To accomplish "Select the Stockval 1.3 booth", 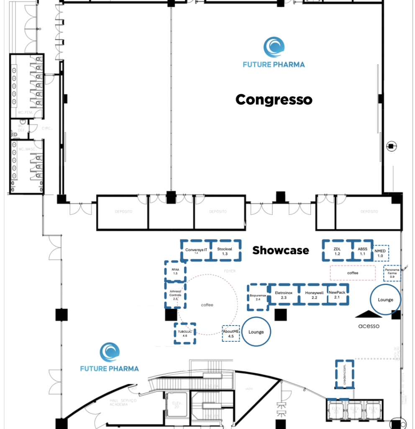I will click(x=225, y=251).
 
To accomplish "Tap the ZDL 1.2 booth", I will click(x=337, y=251).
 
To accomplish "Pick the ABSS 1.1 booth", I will click(x=363, y=251).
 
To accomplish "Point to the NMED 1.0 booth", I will click(x=380, y=253).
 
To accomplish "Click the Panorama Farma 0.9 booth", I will click(x=392, y=273).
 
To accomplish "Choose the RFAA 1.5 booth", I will click(x=175, y=271).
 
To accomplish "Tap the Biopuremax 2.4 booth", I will click(x=258, y=297).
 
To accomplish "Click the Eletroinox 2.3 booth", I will click(x=284, y=295).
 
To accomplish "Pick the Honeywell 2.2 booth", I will click(x=314, y=295).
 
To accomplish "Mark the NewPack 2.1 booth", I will click(x=337, y=294).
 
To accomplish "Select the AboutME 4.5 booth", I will click(x=231, y=333).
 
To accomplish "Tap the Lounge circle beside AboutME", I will click(x=256, y=332).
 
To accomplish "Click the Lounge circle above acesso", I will click(x=385, y=300).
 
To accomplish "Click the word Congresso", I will click(x=274, y=100).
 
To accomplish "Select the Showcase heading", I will click(x=280, y=251).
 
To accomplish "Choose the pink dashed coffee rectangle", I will click(x=353, y=273).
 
